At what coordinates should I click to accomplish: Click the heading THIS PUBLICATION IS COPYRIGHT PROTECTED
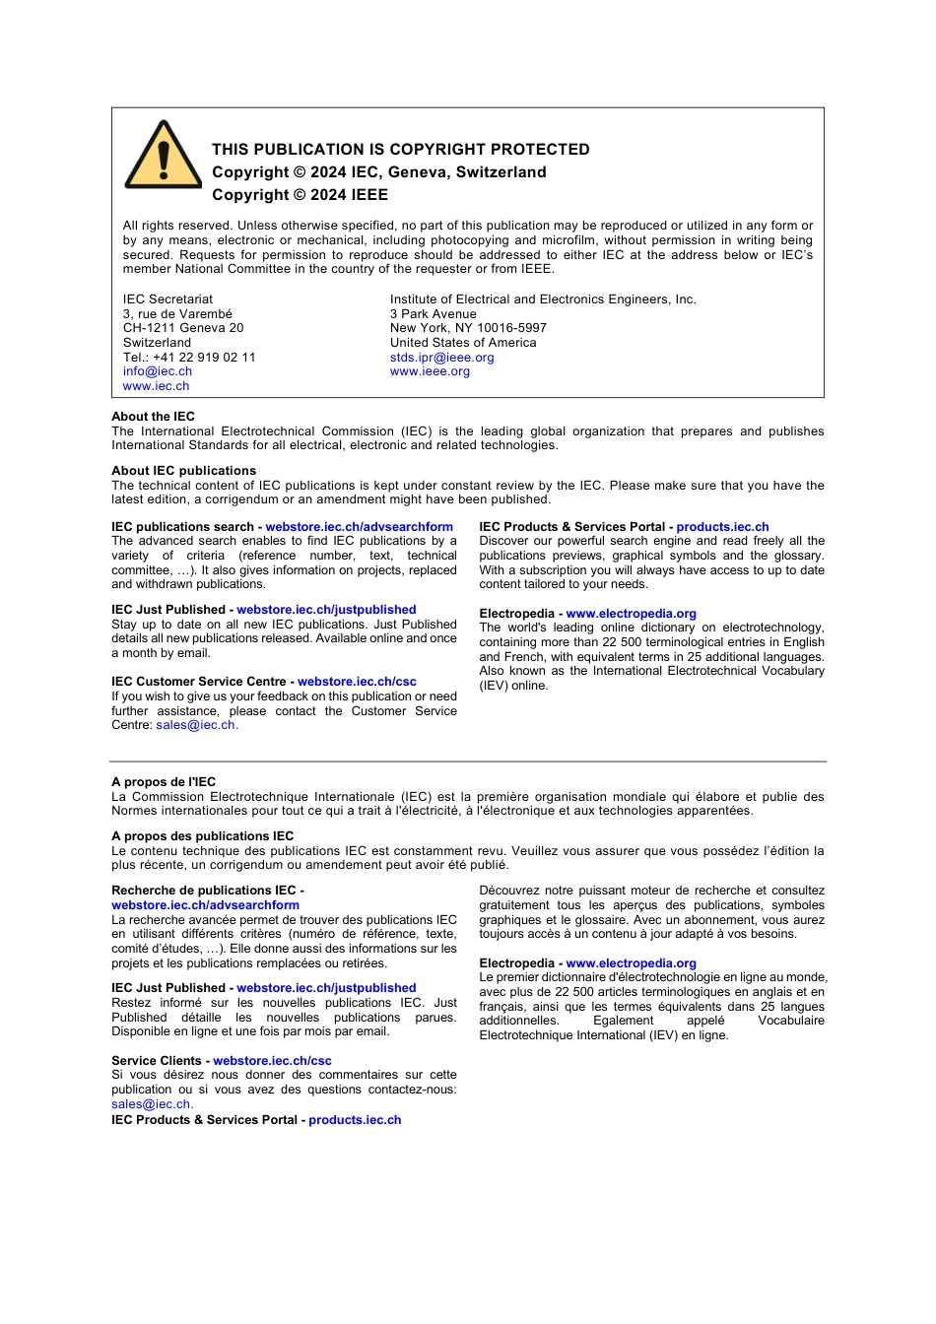click(x=400, y=150)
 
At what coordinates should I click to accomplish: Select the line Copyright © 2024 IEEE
click(x=300, y=195)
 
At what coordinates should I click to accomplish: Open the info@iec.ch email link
click(x=158, y=371)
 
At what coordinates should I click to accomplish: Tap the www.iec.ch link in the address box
click(x=156, y=386)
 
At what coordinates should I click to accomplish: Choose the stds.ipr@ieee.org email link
click(x=441, y=358)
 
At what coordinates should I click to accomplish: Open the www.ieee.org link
click(x=430, y=371)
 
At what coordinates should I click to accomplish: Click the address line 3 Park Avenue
click(x=433, y=314)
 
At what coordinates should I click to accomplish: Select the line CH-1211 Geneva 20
click(x=183, y=328)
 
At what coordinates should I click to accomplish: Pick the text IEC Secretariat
click(x=167, y=299)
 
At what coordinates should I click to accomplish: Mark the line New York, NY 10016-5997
click(x=468, y=328)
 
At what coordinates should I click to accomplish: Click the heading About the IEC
click(x=153, y=417)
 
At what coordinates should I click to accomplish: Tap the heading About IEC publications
click(x=183, y=471)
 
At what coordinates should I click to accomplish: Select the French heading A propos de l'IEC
click(x=164, y=782)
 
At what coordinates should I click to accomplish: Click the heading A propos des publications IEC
click(x=202, y=836)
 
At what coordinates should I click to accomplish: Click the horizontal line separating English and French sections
click(x=468, y=761)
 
